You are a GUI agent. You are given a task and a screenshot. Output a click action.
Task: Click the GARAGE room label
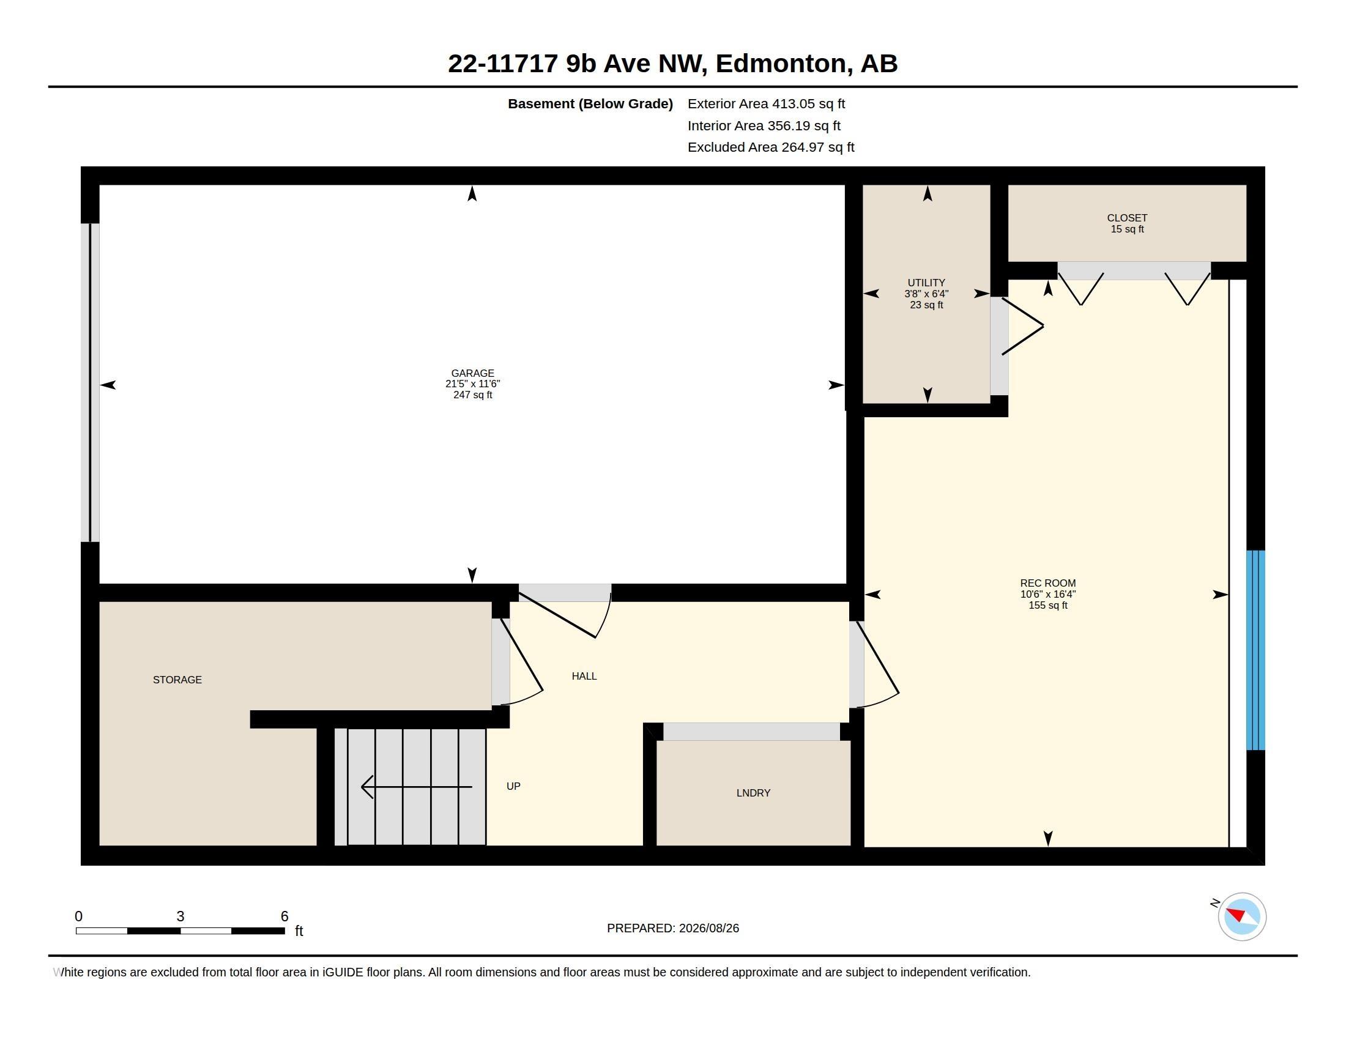pyautogui.click(x=473, y=373)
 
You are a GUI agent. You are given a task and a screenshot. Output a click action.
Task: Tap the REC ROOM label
pyautogui.click(x=1047, y=583)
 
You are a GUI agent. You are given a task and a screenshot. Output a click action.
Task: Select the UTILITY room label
pyautogui.click(x=926, y=283)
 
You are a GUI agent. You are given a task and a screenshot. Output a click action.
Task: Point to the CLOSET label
pyautogui.click(x=1127, y=218)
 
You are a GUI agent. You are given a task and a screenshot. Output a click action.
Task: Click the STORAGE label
pyautogui.click(x=177, y=680)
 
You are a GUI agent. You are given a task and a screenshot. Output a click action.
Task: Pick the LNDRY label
pyautogui.click(x=753, y=793)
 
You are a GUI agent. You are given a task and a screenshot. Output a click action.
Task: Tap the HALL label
pyautogui.click(x=584, y=676)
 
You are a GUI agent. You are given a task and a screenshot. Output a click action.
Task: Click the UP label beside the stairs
pyautogui.click(x=513, y=786)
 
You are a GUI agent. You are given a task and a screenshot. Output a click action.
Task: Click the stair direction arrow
pyautogui.click(x=417, y=787)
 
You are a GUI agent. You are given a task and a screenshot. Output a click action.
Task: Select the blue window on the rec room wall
pyautogui.click(x=1255, y=650)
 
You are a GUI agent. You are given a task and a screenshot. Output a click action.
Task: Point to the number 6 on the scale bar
pyautogui.click(x=284, y=916)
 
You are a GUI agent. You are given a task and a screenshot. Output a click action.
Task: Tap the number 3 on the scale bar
pyautogui.click(x=180, y=916)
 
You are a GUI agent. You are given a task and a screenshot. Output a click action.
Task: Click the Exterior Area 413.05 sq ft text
pyautogui.click(x=766, y=104)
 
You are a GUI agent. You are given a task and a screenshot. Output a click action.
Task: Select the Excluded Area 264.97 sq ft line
pyautogui.click(x=771, y=147)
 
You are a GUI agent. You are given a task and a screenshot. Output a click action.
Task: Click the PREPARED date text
pyautogui.click(x=673, y=928)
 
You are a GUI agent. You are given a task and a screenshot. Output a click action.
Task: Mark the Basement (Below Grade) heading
pyautogui.click(x=590, y=104)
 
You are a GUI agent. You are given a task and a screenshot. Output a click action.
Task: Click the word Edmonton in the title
pyautogui.click(x=781, y=64)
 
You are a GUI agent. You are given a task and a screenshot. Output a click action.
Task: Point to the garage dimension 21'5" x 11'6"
pyautogui.click(x=473, y=384)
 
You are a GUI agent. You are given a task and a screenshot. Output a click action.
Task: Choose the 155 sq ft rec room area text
pyautogui.click(x=1047, y=605)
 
